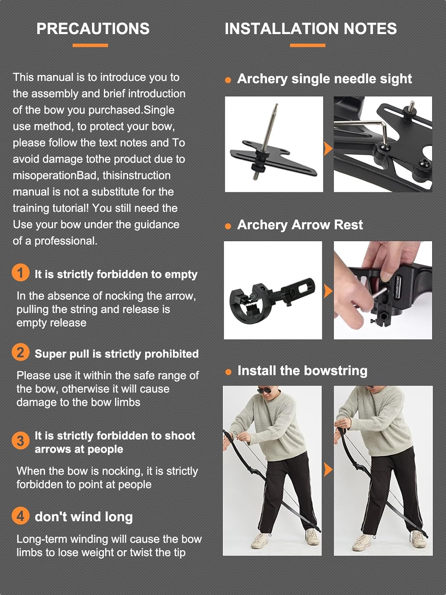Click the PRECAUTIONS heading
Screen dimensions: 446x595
[93, 29]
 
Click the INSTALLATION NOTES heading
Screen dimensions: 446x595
[310, 29]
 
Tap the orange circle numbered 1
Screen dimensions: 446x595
[20, 273]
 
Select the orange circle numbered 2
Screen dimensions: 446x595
[20, 352]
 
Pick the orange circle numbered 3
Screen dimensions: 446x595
[20, 440]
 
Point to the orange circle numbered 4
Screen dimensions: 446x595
[20, 516]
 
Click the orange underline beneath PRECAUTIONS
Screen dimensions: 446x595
[90, 45]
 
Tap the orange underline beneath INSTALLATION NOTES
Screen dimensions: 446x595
[308, 45]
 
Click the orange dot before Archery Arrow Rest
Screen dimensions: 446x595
[228, 226]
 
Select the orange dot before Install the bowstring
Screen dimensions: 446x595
[228, 372]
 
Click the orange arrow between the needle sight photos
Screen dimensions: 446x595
[328, 148]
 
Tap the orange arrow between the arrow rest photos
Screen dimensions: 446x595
[328, 291]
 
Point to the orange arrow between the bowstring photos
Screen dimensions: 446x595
[328, 470]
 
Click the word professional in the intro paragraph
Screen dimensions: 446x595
[66, 241]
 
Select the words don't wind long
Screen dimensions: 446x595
[84, 517]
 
